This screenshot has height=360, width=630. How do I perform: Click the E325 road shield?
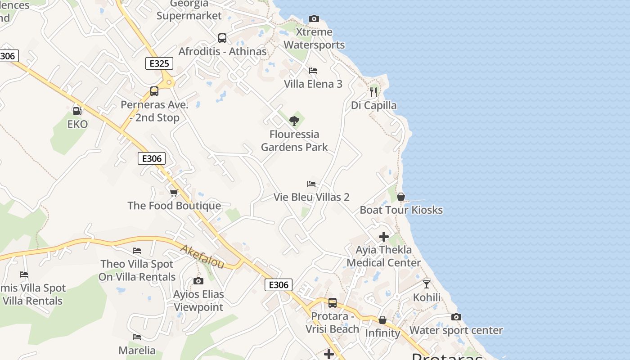click(x=159, y=63)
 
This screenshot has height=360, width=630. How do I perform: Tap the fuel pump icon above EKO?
click(x=77, y=110)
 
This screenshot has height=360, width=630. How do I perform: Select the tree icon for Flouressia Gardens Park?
click(x=294, y=121)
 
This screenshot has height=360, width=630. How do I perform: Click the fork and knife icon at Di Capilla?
click(x=373, y=92)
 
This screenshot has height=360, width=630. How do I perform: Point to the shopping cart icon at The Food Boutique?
click(x=174, y=193)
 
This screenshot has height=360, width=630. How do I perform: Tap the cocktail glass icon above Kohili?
click(x=427, y=284)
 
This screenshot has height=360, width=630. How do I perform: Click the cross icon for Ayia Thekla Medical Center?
click(x=384, y=236)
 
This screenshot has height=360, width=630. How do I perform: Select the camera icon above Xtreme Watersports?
click(x=314, y=18)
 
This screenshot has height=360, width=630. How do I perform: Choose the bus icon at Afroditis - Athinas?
click(x=222, y=38)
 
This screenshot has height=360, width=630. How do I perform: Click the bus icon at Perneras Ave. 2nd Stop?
click(x=154, y=91)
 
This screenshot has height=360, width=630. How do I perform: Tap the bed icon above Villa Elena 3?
click(x=313, y=71)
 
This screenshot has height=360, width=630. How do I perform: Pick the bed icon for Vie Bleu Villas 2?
click(x=311, y=184)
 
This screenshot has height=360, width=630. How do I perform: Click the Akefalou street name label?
click(x=202, y=256)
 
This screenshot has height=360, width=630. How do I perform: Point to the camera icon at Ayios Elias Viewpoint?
click(x=198, y=281)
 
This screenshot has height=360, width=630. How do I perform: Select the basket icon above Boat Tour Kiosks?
click(x=401, y=197)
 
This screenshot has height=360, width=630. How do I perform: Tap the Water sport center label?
click(x=456, y=330)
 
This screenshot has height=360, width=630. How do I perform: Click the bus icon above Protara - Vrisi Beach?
click(x=333, y=303)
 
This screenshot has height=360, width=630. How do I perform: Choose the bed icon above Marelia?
click(x=137, y=337)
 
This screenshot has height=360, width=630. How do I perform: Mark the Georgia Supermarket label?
click(x=189, y=10)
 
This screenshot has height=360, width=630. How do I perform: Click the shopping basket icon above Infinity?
click(x=382, y=320)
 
